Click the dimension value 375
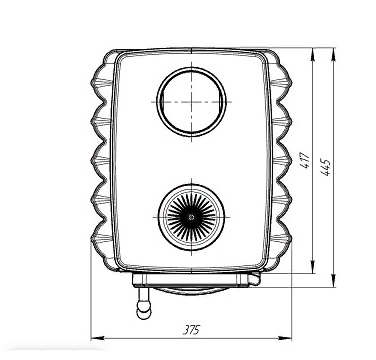(191, 330)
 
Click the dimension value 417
(306, 160)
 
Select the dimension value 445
(325, 167)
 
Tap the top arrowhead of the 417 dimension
(313, 54)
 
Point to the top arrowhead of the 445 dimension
(333, 54)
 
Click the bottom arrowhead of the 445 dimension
(333, 281)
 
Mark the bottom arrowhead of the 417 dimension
(313, 267)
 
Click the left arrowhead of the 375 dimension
(97, 338)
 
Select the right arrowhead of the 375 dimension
(285, 338)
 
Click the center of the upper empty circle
(191, 102)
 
